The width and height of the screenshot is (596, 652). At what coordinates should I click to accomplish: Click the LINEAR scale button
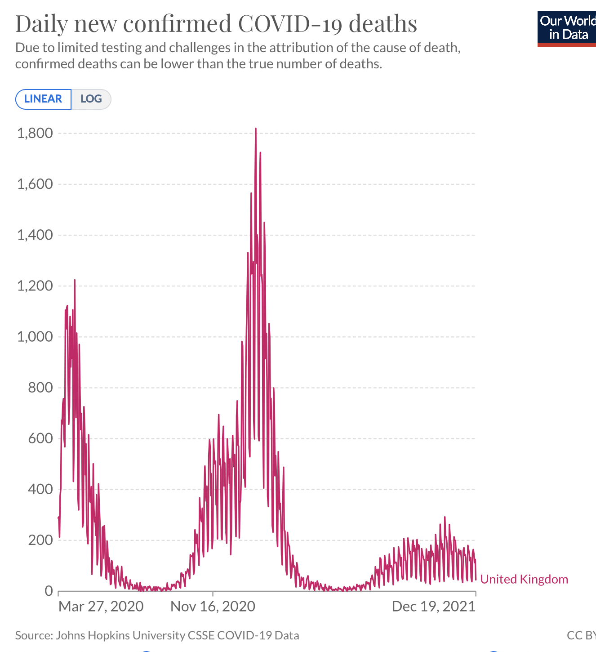[43, 99]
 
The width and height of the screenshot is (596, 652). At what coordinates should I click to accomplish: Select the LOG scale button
[91, 99]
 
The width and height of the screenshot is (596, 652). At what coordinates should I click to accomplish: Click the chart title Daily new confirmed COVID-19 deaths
[216, 23]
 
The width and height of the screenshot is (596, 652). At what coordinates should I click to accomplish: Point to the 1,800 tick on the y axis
[35, 133]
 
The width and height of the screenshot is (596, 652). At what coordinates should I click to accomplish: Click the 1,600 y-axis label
[35, 184]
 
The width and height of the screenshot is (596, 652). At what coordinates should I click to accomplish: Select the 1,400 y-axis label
[35, 235]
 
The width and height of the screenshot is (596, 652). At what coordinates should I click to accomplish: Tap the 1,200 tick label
[35, 286]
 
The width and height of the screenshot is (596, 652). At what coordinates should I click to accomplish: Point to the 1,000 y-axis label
[35, 336]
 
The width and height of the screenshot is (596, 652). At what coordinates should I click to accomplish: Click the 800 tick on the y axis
[40, 387]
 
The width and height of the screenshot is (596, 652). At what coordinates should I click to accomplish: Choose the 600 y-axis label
[40, 438]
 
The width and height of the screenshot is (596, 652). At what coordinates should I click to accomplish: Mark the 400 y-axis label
[40, 489]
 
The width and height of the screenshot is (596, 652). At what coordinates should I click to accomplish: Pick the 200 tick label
[40, 540]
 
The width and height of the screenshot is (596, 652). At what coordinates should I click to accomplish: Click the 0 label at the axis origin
[49, 590]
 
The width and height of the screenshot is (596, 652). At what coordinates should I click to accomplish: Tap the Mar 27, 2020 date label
[101, 606]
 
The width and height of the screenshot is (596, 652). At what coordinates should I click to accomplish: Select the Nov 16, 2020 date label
[213, 606]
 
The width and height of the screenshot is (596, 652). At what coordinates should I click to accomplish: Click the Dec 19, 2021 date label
[433, 606]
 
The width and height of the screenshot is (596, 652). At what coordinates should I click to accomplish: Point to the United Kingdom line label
[524, 579]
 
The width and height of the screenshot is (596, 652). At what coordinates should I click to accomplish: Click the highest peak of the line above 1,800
[256, 129]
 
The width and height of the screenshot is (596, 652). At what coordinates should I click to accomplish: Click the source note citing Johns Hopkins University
[157, 635]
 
